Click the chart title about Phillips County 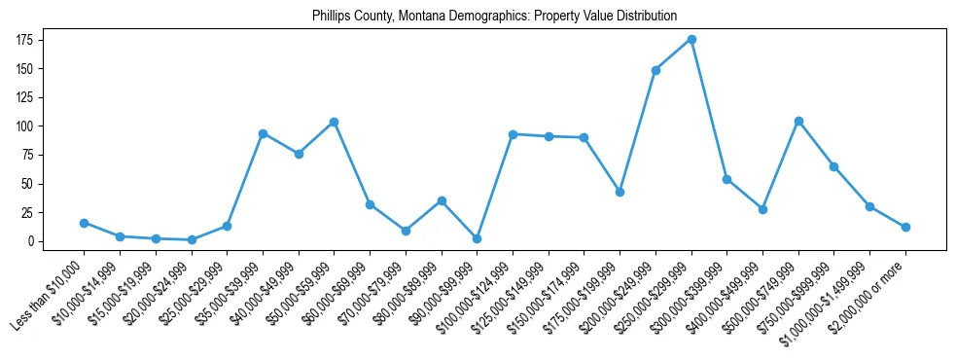tap(494, 17)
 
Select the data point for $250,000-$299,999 tap(691, 39)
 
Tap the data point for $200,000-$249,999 tap(655, 70)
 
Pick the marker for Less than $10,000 tap(84, 223)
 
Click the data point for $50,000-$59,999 tap(334, 122)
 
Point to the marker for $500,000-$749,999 tap(798, 121)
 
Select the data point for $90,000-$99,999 tap(477, 238)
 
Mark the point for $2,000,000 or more tap(905, 227)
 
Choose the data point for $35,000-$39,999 tap(263, 133)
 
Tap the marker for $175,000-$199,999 tap(620, 192)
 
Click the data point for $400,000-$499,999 tap(762, 209)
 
